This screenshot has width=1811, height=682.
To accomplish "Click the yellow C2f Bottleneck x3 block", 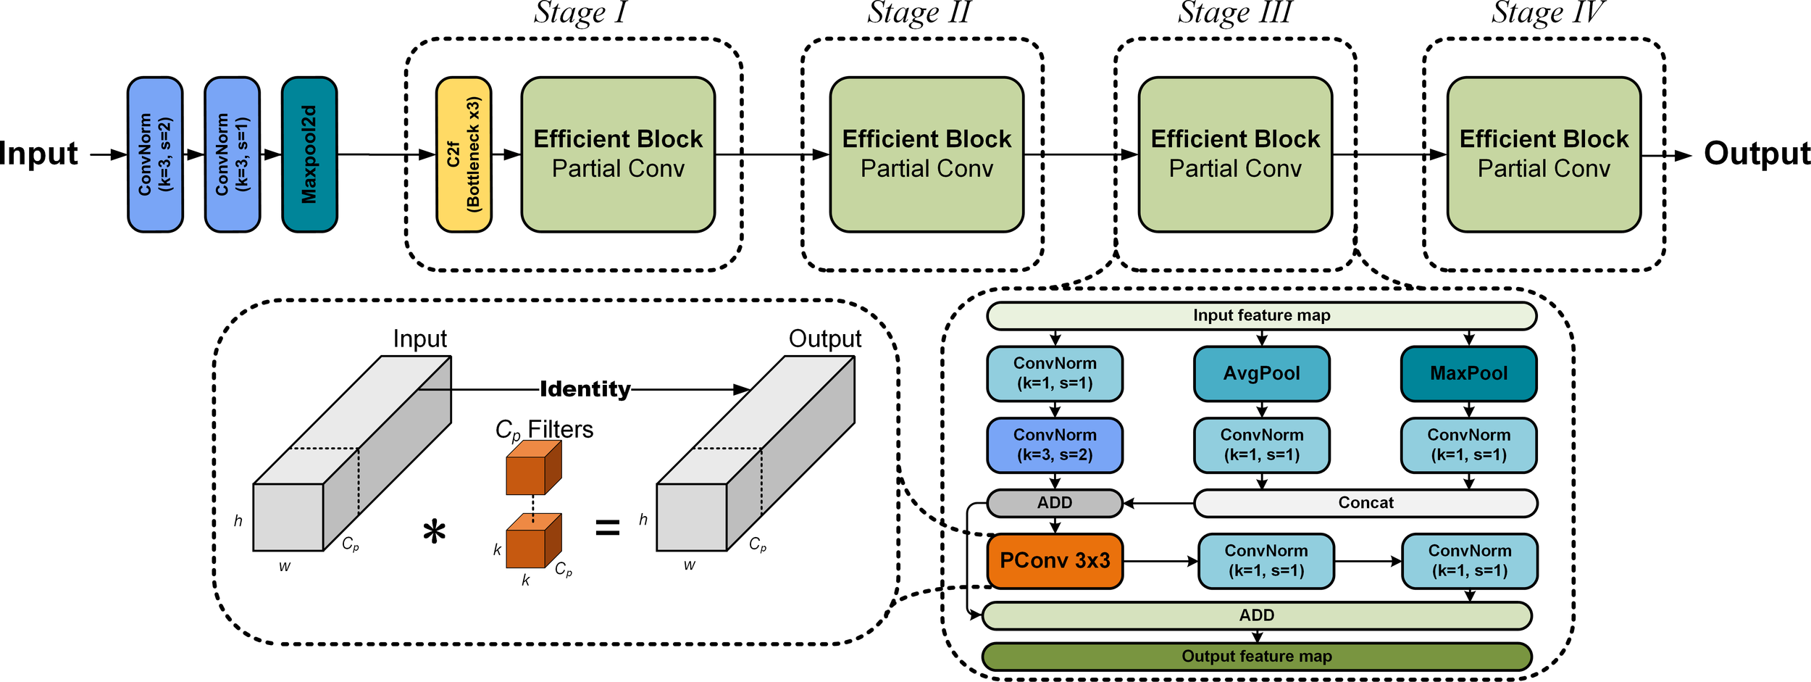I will click(464, 154).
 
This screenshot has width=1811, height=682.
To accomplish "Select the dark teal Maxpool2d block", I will click(309, 154).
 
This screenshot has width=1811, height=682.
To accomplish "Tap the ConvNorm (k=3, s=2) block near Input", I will click(155, 154).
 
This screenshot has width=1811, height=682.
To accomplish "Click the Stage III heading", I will click(1234, 13).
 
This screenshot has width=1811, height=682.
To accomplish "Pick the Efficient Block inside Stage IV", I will click(1544, 154).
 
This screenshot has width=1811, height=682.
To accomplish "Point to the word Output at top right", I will click(1756, 153).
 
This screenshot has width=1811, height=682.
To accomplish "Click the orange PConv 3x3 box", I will click(1055, 561).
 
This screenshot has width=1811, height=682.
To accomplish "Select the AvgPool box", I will click(1261, 373).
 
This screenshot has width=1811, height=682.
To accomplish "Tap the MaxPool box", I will click(1468, 373).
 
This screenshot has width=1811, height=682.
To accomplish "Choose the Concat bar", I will click(1365, 503).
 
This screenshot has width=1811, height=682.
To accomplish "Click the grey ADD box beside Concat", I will click(1055, 503).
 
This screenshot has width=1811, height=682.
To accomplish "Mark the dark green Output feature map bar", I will click(1257, 656).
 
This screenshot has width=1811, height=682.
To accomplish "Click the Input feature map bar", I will click(1261, 315).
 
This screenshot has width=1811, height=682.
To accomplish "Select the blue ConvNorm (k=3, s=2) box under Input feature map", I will click(1055, 445).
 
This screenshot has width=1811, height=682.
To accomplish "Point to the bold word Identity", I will click(585, 389).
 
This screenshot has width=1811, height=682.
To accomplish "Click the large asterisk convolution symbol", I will click(434, 533).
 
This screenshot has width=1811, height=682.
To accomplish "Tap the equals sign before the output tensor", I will click(607, 528).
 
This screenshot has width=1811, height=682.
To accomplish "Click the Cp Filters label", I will click(544, 430).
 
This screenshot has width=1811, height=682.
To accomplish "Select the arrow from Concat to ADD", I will click(1158, 503).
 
